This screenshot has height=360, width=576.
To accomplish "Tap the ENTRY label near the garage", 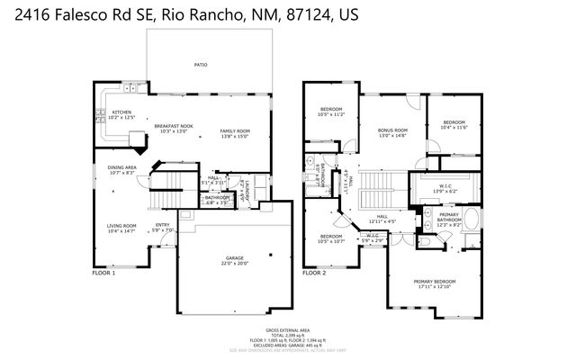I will pyautogui.click(x=163, y=227).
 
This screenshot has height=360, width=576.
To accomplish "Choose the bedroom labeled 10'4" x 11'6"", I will pyautogui.click(x=454, y=124).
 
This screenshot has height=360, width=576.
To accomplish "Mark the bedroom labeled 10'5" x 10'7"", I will pyautogui.click(x=331, y=238).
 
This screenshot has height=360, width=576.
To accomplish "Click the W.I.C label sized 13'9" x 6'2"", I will pyautogui.click(x=445, y=190).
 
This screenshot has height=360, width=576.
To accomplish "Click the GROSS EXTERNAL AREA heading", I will pyautogui.click(x=287, y=330).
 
